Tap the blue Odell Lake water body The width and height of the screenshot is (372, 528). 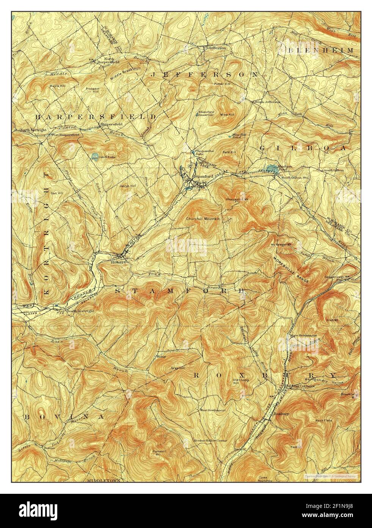(x=94, y=155)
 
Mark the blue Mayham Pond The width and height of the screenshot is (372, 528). (x=272, y=168)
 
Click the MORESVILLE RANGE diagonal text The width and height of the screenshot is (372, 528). (x=290, y=269)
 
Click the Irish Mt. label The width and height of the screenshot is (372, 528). (x=331, y=320)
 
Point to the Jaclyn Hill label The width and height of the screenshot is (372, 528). (x=127, y=186)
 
